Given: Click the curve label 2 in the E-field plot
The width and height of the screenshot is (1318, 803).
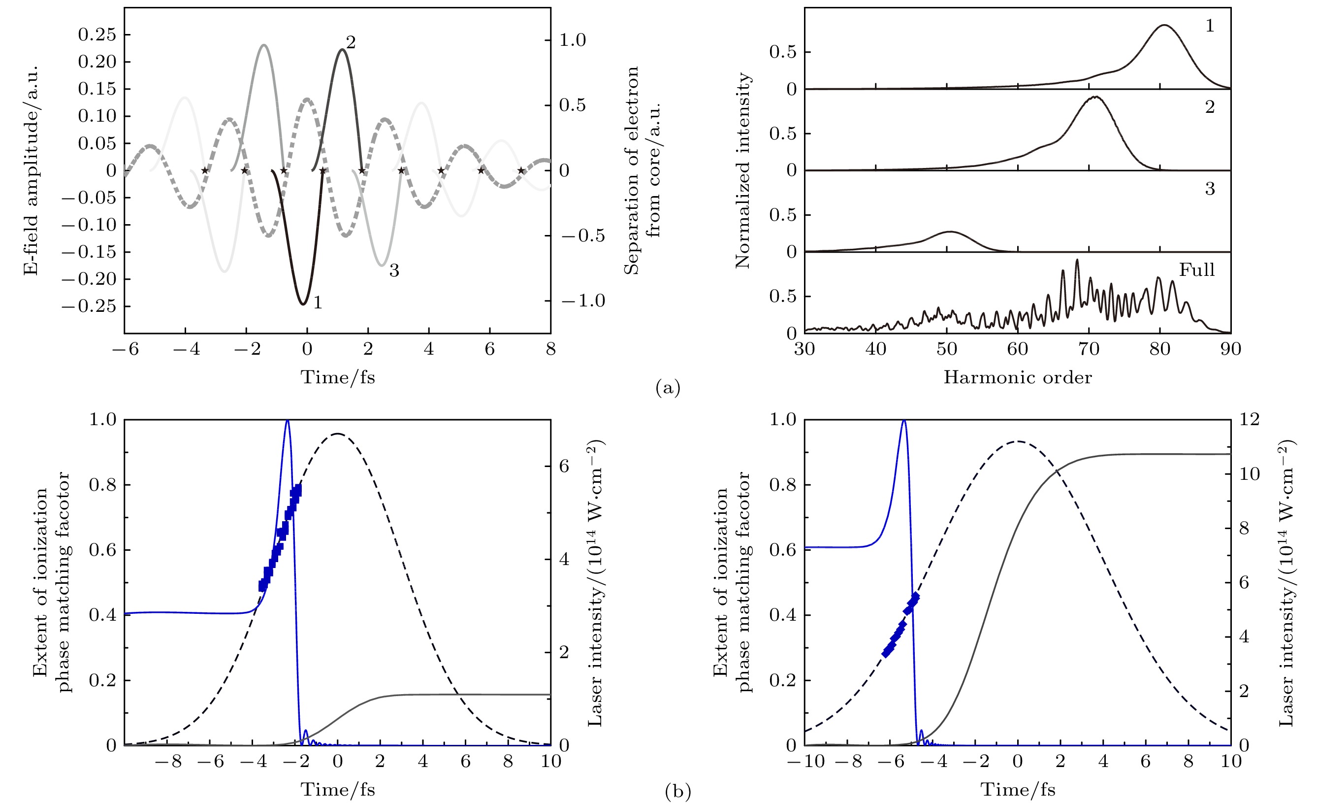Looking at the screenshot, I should (x=351, y=42).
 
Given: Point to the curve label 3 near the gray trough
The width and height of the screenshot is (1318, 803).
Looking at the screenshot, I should (x=394, y=270).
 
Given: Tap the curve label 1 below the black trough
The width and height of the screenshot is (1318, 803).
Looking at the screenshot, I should (x=318, y=303).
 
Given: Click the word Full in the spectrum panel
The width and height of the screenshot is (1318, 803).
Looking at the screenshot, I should (x=1196, y=269).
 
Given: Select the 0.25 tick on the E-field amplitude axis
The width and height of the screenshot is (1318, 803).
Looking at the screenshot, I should (x=97, y=34).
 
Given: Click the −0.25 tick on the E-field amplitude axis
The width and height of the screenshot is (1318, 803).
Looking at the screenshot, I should (x=89, y=306).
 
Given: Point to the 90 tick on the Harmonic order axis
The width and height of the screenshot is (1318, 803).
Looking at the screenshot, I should (x=1230, y=349).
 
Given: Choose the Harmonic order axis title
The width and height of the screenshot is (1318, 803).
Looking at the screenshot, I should (x=1017, y=377).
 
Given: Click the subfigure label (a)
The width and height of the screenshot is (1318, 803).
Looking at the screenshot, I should (x=668, y=387).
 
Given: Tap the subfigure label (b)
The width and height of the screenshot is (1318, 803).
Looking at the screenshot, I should (x=678, y=791).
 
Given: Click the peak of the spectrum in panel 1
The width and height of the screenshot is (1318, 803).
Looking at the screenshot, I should (x=1163, y=25).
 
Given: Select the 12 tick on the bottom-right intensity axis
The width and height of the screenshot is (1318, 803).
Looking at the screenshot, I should (x=1250, y=419).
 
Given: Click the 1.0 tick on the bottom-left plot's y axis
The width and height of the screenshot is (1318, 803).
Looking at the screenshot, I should (x=102, y=419).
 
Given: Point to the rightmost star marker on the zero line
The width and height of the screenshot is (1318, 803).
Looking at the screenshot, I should (x=521, y=171).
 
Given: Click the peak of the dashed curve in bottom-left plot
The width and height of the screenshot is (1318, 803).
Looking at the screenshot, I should (x=338, y=434).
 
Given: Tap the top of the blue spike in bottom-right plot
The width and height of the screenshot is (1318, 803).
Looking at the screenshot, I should (x=904, y=421).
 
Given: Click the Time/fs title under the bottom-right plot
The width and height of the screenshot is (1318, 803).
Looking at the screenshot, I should (x=1017, y=790).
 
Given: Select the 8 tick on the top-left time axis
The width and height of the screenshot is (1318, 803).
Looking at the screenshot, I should (x=550, y=349).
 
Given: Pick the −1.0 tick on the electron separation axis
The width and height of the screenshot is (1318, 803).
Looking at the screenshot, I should (x=583, y=301).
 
